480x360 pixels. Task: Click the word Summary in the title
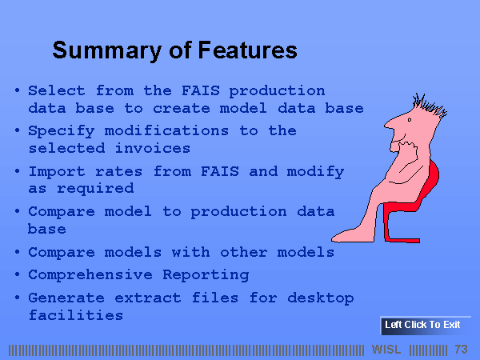tap(107, 51)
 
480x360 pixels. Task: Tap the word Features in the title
tap(248, 50)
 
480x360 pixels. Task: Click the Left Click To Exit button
tap(426, 326)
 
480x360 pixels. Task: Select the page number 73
tap(461, 350)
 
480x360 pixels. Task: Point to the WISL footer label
tap(386, 350)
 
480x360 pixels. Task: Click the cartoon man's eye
tap(410, 120)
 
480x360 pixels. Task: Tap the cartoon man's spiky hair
tap(430, 106)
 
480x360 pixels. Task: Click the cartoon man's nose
tap(390, 124)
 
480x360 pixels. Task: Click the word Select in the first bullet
tap(57, 90)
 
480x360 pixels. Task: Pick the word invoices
tap(153, 149)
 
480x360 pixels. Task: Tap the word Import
tap(57, 172)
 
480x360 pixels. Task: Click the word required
tap(95, 189)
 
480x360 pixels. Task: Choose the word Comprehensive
tap(90, 275)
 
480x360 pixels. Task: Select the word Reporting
tap(206, 275)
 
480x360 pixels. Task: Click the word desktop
tap(321, 298)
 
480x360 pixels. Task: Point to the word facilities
tap(76, 315)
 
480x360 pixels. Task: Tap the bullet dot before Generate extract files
tap(17, 298)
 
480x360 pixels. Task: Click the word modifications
tap(166, 131)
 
